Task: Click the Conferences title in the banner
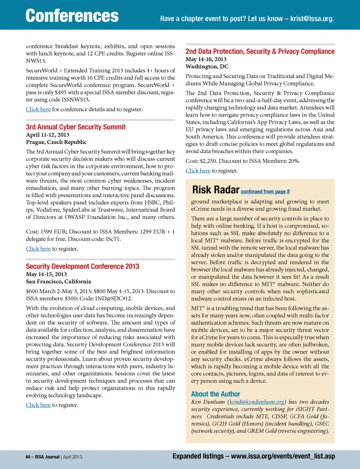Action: (x=72, y=16)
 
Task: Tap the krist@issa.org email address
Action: (x=312, y=19)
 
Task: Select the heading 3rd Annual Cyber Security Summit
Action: (x=76, y=127)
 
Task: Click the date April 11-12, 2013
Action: (x=48, y=135)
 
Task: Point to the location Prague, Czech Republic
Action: (x=56, y=142)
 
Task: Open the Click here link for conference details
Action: (x=38, y=109)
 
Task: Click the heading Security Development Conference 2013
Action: (x=82, y=267)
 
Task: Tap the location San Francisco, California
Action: (x=58, y=282)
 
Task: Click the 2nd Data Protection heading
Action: (x=260, y=51)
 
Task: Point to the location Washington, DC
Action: (x=207, y=66)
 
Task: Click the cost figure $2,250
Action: (x=208, y=161)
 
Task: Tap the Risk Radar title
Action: (x=216, y=190)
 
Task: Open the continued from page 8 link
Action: (x=265, y=192)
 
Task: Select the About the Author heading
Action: (x=216, y=394)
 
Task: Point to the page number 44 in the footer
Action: (x=28, y=457)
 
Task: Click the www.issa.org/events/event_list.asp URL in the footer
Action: (x=283, y=456)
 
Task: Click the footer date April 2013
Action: (x=72, y=457)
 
